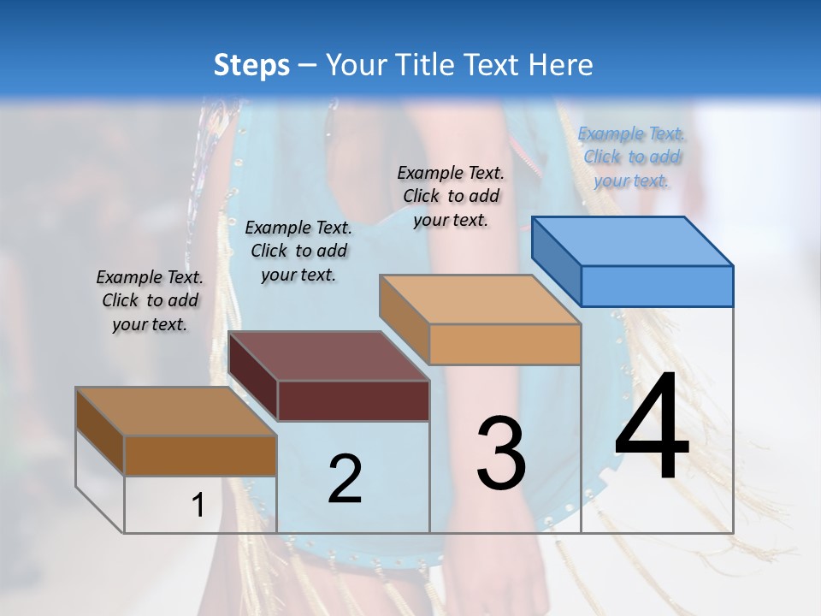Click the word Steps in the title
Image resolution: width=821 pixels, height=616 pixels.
point(251,65)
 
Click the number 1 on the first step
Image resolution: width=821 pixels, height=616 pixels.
point(198,506)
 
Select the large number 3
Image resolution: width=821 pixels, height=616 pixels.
point(501,453)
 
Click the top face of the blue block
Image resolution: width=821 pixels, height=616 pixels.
point(633,240)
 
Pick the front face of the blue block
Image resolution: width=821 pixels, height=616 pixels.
point(657,286)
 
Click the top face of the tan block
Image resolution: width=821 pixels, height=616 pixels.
point(480,299)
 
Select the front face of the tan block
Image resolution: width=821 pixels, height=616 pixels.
point(505,344)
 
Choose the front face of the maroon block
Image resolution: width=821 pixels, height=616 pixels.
point(353,400)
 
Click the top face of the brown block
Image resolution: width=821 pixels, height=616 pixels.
point(176,412)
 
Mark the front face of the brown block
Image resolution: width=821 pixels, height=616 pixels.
point(200,455)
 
